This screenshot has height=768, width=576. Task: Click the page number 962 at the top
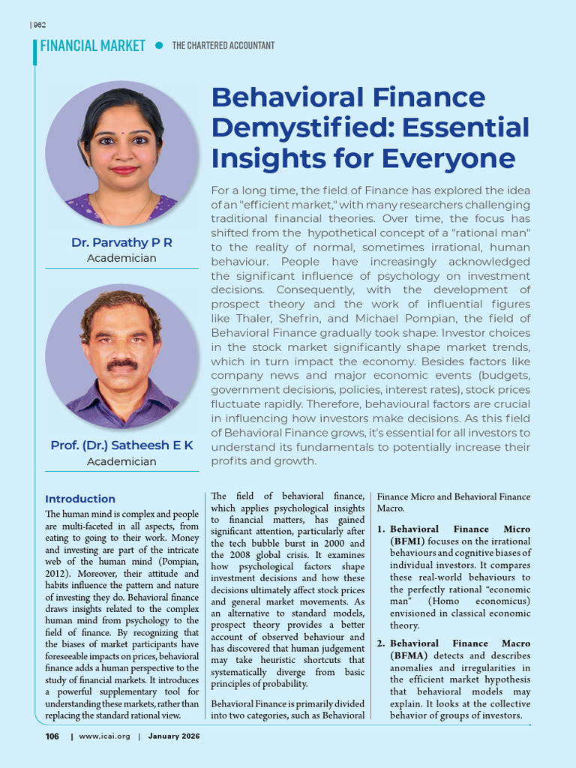(40, 25)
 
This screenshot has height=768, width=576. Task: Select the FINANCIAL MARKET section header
(92, 46)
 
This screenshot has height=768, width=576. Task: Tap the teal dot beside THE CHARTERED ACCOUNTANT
(158, 46)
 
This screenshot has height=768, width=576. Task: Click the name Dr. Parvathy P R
(121, 242)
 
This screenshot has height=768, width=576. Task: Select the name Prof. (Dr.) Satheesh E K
(121, 445)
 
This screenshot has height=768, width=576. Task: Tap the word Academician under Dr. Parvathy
(121, 258)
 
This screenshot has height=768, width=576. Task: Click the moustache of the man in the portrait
(121, 364)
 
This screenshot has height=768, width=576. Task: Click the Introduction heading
(80, 499)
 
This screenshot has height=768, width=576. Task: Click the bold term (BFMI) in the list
(408, 541)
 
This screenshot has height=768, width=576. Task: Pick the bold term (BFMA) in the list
(409, 655)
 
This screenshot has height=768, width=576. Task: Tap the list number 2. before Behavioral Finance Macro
(381, 643)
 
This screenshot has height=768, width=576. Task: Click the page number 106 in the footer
(52, 736)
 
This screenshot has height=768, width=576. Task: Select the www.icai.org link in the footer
(104, 736)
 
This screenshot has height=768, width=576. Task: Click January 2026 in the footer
(175, 736)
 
